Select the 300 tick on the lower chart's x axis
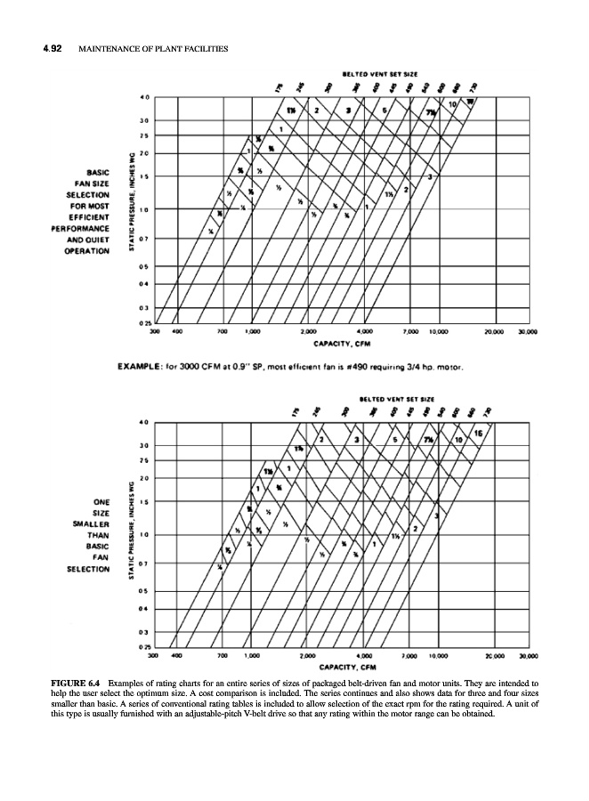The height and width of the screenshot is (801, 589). pyautogui.click(x=155, y=656)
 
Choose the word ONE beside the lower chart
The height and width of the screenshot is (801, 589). pyautogui.click(x=97, y=501)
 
